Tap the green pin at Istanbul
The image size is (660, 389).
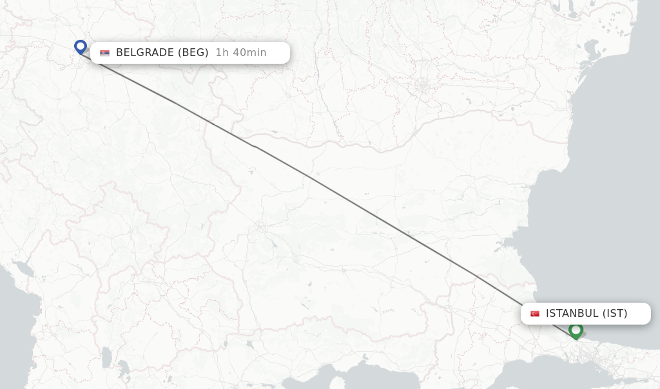[x=576, y=330]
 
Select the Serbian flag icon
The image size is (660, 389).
[x=104, y=53]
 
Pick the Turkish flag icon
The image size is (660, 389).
[x=535, y=314]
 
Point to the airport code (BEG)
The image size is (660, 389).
[x=193, y=53]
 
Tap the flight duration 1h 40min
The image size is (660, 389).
[x=240, y=53]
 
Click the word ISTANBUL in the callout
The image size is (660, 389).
[x=572, y=314]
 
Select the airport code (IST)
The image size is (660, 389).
[x=615, y=314]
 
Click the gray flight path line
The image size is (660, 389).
[x=361, y=206]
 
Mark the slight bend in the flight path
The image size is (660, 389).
[x=255, y=147]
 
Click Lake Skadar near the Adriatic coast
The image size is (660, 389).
[x=24, y=267]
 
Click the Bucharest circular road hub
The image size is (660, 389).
[x=422, y=86]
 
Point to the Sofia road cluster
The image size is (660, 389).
[x=261, y=227]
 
